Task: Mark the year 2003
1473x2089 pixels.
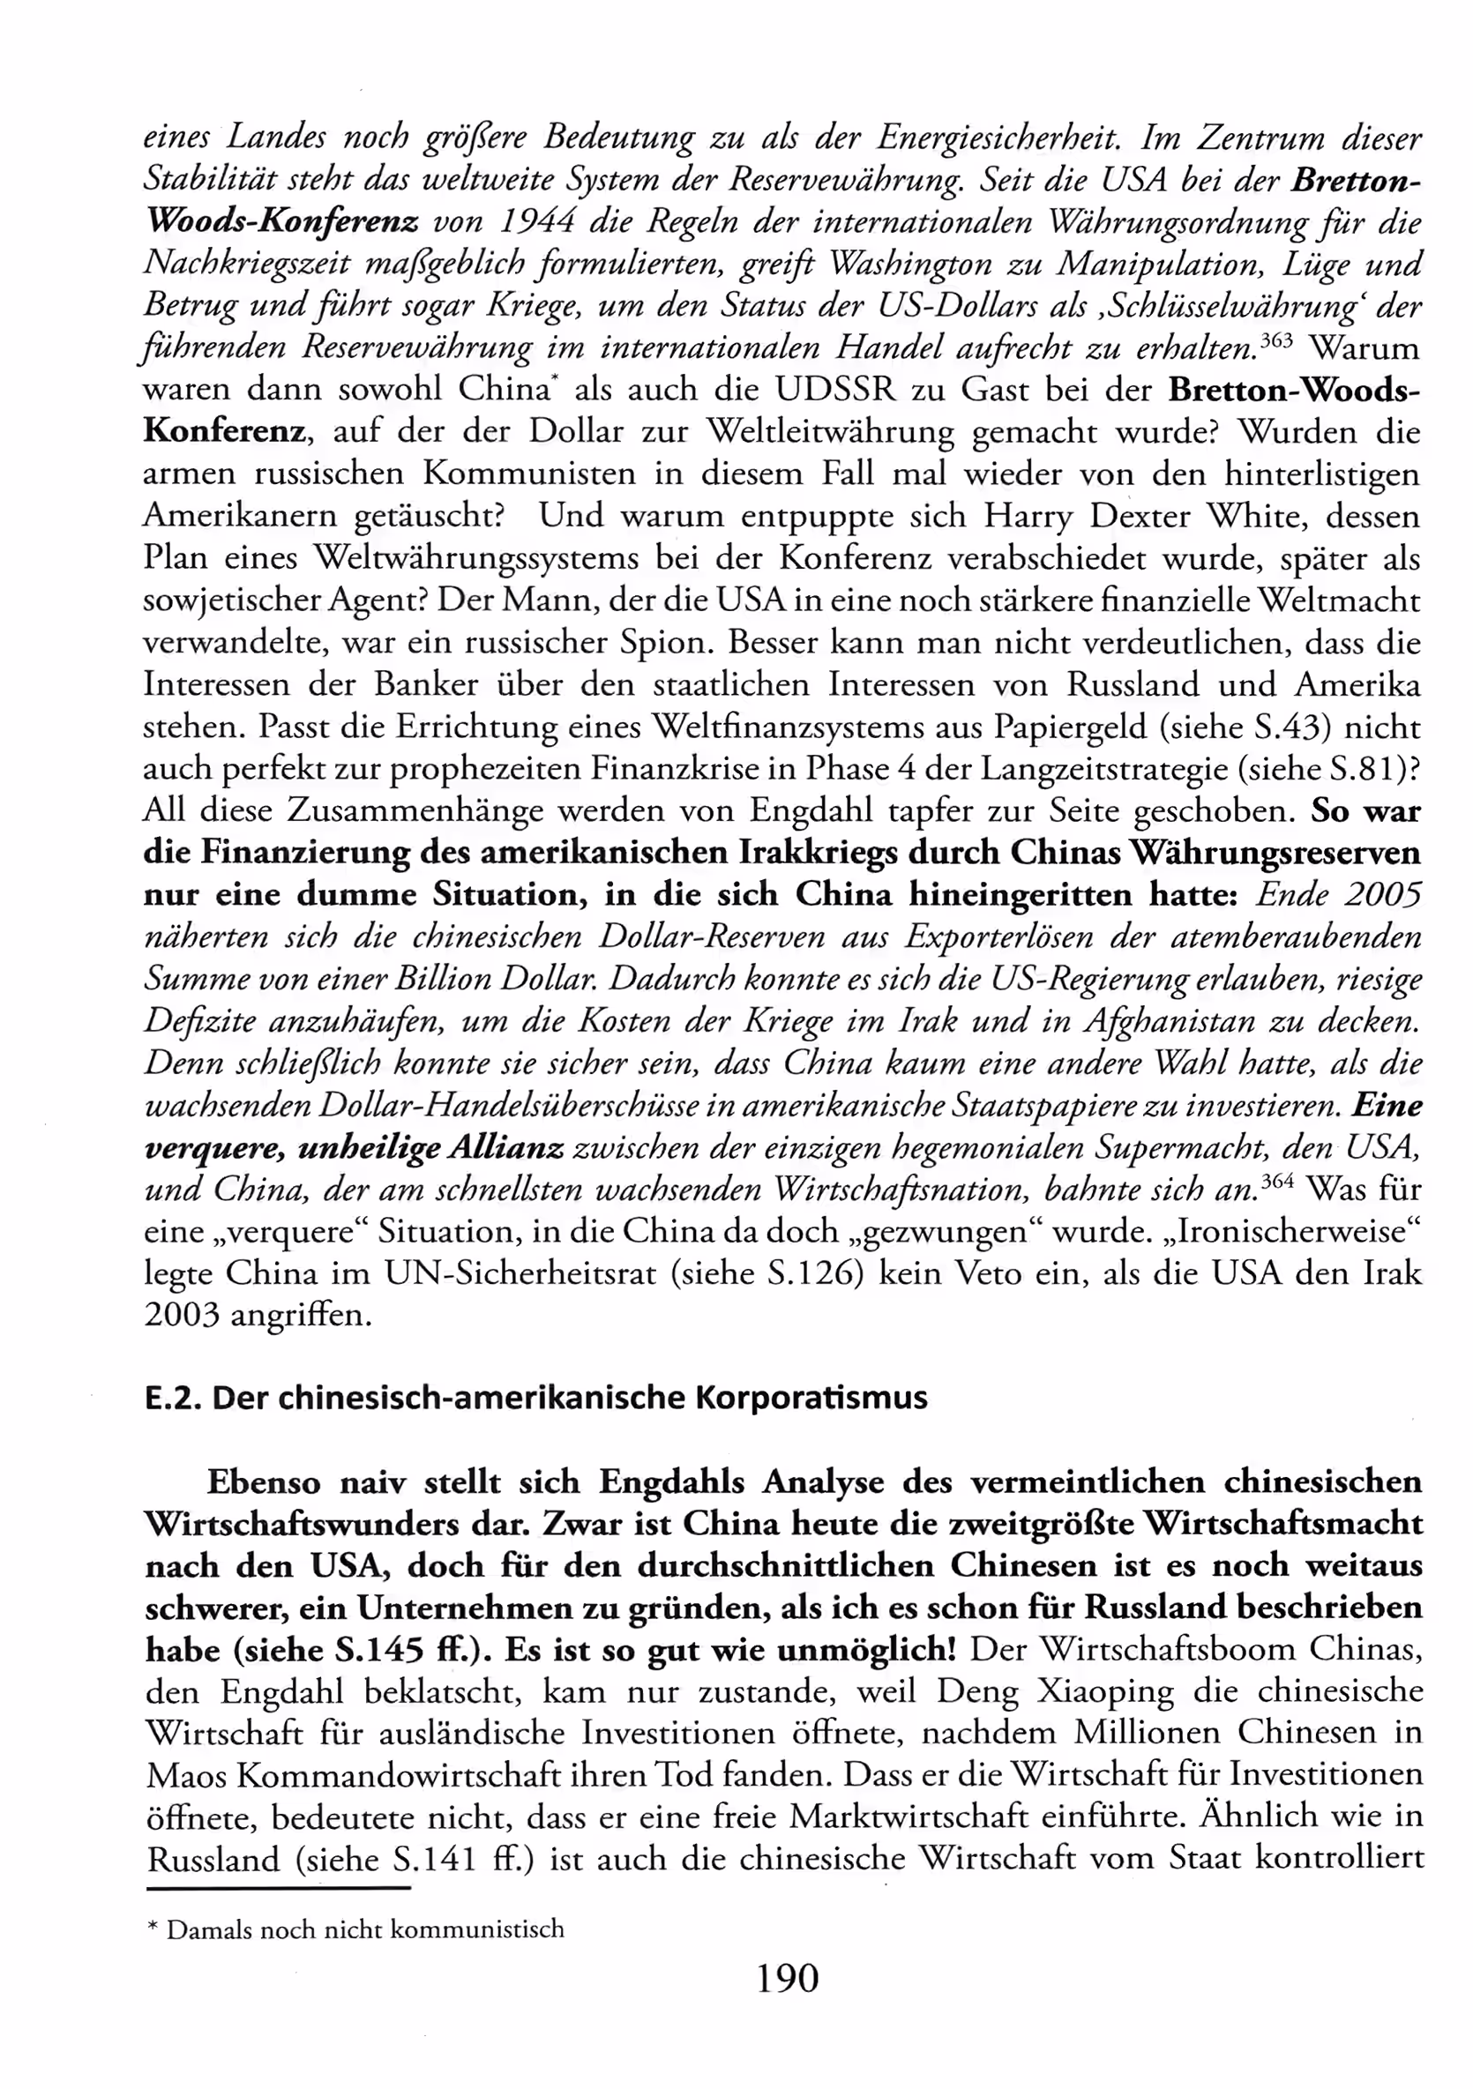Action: [182, 1315]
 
